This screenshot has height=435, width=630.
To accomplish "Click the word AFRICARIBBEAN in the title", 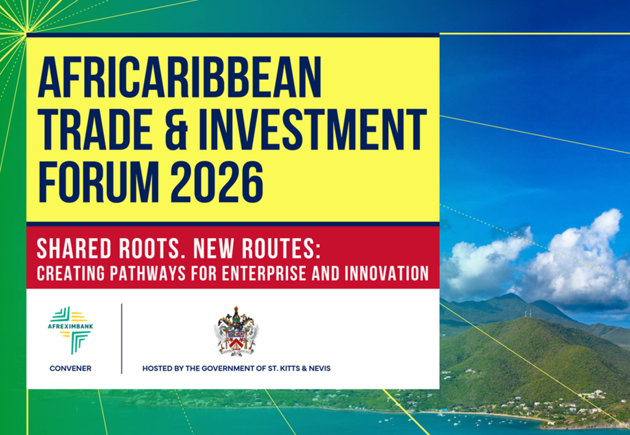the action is click(x=180, y=77).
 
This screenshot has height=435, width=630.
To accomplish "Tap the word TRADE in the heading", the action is click(x=94, y=130).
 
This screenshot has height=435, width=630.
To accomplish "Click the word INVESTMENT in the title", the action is click(x=312, y=130).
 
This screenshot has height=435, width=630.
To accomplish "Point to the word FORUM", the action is click(x=99, y=182).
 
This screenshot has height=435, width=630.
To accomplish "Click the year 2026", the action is click(x=217, y=182).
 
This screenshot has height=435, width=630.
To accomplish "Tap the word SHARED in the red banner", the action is click(x=73, y=249).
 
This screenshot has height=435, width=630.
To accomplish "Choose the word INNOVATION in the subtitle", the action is click(x=387, y=274).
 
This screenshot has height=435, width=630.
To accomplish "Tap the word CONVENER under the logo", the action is click(x=70, y=369).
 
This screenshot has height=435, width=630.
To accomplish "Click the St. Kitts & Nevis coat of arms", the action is click(x=236, y=331).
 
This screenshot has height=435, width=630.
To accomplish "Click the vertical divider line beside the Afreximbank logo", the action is click(x=121, y=339).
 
